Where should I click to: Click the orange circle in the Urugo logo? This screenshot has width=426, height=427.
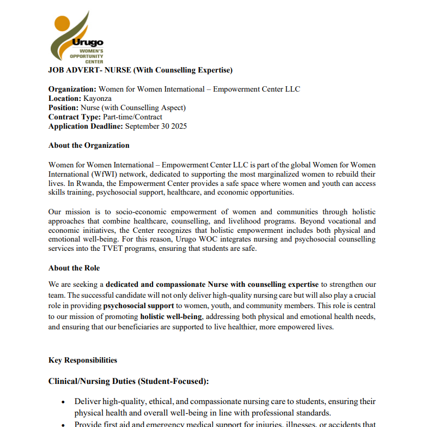(x=63, y=23)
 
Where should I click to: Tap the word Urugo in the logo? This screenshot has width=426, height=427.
(x=88, y=43)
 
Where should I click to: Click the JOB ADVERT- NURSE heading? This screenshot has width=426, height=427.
(x=140, y=70)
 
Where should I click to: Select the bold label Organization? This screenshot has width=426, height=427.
(x=72, y=89)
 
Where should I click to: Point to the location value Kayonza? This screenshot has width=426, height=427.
(x=98, y=99)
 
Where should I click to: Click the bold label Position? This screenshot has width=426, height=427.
(x=63, y=108)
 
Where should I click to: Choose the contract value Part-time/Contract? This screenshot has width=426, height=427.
(x=132, y=117)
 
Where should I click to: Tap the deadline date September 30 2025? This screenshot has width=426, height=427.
(x=156, y=126)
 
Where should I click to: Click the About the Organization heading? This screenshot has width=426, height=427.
(x=89, y=146)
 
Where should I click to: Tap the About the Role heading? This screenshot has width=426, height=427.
(x=74, y=268)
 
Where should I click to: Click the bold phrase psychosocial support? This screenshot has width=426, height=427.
(x=138, y=305)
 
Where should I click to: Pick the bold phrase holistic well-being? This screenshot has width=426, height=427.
(x=171, y=316)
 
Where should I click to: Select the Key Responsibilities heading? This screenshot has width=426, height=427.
(x=83, y=360)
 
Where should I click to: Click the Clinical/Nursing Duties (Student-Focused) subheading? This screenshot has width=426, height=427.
(x=129, y=381)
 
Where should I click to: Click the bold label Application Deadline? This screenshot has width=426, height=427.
(x=86, y=126)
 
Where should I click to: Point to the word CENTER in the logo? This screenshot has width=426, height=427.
(x=94, y=62)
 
